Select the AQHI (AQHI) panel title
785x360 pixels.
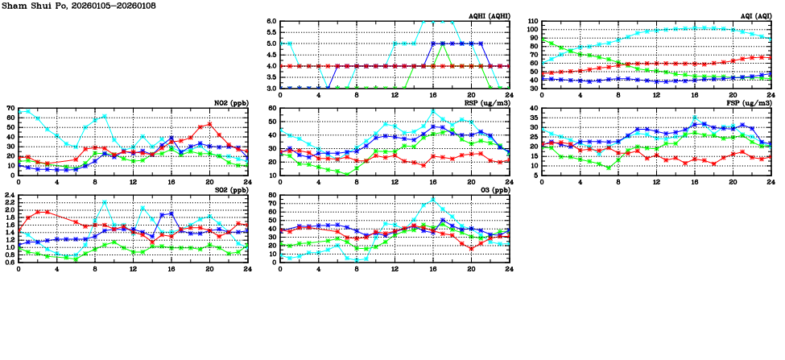(489, 16)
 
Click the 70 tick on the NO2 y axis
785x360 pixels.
(10, 108)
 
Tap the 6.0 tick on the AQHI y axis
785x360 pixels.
(272, 21)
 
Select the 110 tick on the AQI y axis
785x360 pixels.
(531, 21)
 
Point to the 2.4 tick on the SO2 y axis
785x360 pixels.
(10, 195)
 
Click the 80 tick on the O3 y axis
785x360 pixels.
(272, 195)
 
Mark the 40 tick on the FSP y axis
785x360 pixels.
(534, 108)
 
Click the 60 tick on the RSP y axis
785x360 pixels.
(272, 108)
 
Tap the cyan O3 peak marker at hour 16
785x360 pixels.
(432, 200)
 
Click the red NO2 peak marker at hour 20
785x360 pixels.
(209, 124)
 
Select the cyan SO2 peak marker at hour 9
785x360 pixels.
(105, 202)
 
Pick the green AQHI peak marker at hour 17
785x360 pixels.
(442, 43)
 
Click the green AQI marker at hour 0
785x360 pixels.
(542, 39)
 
